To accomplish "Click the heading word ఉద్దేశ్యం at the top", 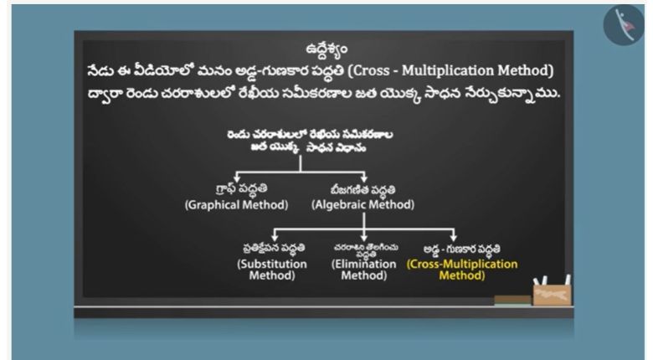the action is (326, 49).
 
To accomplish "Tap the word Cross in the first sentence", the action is (366, 70).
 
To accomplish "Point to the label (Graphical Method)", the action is (237, 204).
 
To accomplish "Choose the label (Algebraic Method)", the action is (362, 204).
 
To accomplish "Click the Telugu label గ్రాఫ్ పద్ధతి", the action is (242, 188).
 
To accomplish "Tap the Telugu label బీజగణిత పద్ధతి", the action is (362, 190).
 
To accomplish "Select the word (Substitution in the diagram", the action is (272, 264).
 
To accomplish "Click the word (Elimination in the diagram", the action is (363, 264).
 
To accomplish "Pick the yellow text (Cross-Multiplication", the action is (462, 264).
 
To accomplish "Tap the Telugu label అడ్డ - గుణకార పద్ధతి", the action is (462, 249).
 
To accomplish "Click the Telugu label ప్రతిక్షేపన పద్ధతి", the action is (274, 248).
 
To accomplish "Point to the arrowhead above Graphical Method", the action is (237, 179).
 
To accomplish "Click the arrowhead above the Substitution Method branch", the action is (275, 237).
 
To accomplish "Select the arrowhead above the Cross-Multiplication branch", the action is (453, 237).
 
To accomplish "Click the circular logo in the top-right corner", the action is (624, 25).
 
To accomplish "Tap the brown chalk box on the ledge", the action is (552, 295).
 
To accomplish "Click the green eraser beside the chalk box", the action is (512, 300).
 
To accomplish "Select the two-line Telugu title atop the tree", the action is (310, 141).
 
